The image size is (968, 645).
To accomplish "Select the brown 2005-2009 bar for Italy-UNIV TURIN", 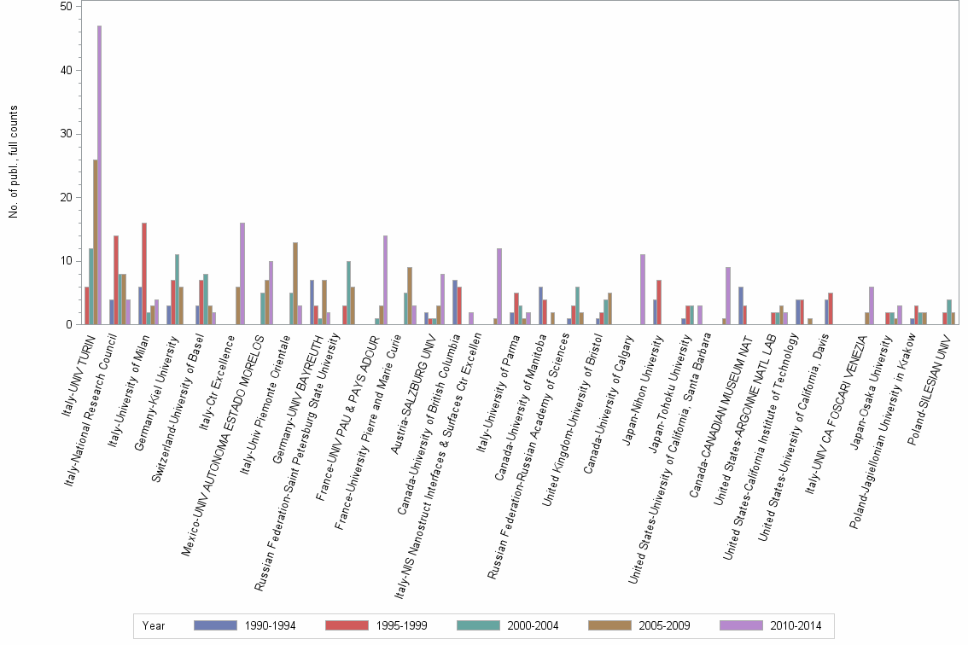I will click(95, 242).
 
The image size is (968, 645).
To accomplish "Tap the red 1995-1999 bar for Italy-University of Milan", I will click(144, 273).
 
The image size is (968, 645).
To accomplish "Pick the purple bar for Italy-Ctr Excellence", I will click(242, 273).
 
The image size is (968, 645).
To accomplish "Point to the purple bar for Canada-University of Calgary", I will click(642, 289).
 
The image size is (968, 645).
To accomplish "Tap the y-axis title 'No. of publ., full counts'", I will click(14, 162).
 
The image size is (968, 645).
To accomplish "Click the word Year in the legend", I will click(154, 625).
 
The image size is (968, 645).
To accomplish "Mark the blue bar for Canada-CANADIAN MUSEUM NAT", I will click(741, 305).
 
